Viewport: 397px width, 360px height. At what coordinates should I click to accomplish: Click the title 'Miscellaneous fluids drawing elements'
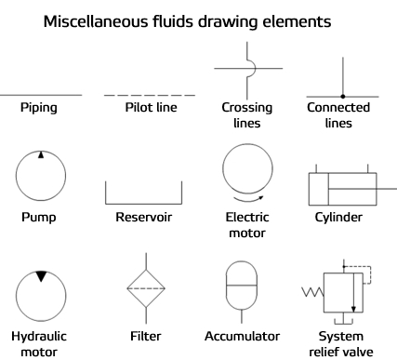pos(199,19)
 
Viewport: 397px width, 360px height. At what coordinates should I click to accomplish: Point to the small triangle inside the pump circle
pos(41,155)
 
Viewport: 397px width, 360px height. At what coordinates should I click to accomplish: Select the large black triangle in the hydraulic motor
pos(41,276)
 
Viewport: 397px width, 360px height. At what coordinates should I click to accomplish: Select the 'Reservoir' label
pos(144,218)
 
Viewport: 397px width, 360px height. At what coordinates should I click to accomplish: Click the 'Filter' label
pos(144,335)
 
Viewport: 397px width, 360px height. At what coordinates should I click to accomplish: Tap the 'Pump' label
pos(41,218)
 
